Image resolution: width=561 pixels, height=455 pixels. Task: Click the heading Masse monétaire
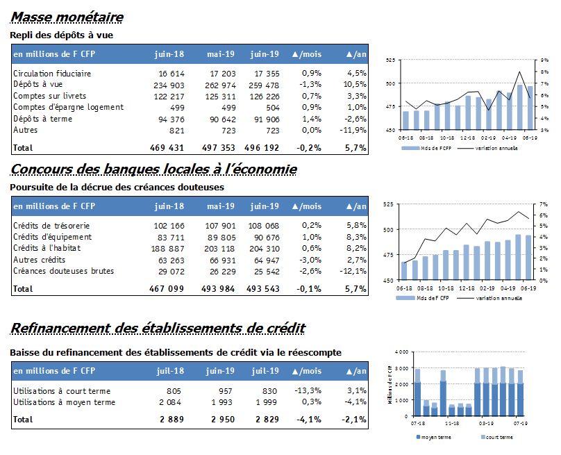pos(67,17)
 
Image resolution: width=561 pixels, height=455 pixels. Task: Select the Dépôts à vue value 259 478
pos(264,85)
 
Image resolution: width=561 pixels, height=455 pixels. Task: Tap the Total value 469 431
pos(167,147)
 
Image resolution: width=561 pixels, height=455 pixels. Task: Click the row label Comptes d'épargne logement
pos(68,107)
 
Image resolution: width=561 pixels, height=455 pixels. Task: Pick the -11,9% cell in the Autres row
pos(353,130)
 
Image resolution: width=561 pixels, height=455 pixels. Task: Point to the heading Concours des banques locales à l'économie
pos(153,169)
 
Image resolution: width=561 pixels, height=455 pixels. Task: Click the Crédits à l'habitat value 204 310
pos(265,249)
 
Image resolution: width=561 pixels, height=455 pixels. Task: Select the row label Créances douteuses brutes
pos(63,271)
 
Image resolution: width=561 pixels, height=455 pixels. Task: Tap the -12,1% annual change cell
pos(353,271)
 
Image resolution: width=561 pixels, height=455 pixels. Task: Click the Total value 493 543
pos(263,288)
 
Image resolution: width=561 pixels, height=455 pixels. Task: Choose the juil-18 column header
pos(170,371)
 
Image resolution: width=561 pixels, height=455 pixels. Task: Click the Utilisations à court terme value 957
pos(226,391)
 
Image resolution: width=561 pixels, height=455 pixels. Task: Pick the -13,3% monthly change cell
pos(308,390)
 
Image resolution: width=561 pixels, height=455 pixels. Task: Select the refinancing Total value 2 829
pos(267,419)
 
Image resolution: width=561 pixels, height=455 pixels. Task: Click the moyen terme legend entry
pos(434,437)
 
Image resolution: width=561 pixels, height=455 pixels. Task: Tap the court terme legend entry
pos(497,437)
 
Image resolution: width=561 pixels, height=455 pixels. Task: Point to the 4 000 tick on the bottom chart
pos(401,352)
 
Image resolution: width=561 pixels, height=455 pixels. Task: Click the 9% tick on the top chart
pos(544,60)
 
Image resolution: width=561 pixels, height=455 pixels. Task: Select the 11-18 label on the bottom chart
pos(452,423)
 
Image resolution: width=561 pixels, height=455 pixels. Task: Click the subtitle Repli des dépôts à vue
pos(62,35)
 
